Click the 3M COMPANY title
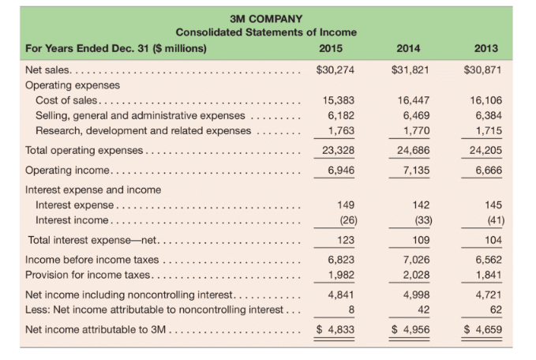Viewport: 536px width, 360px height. (x=265, y=17)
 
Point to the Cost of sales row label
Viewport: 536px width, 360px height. (x=67, y=100)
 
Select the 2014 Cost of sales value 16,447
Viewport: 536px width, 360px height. (x=412, y=100)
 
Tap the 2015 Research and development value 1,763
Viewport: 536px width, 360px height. (x=339, y=130)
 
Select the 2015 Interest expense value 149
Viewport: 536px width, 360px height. (x=343, y=204)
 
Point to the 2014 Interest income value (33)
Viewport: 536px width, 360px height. (x=416, y=219)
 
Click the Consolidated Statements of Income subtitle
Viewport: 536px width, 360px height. (x=265, y=32)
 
